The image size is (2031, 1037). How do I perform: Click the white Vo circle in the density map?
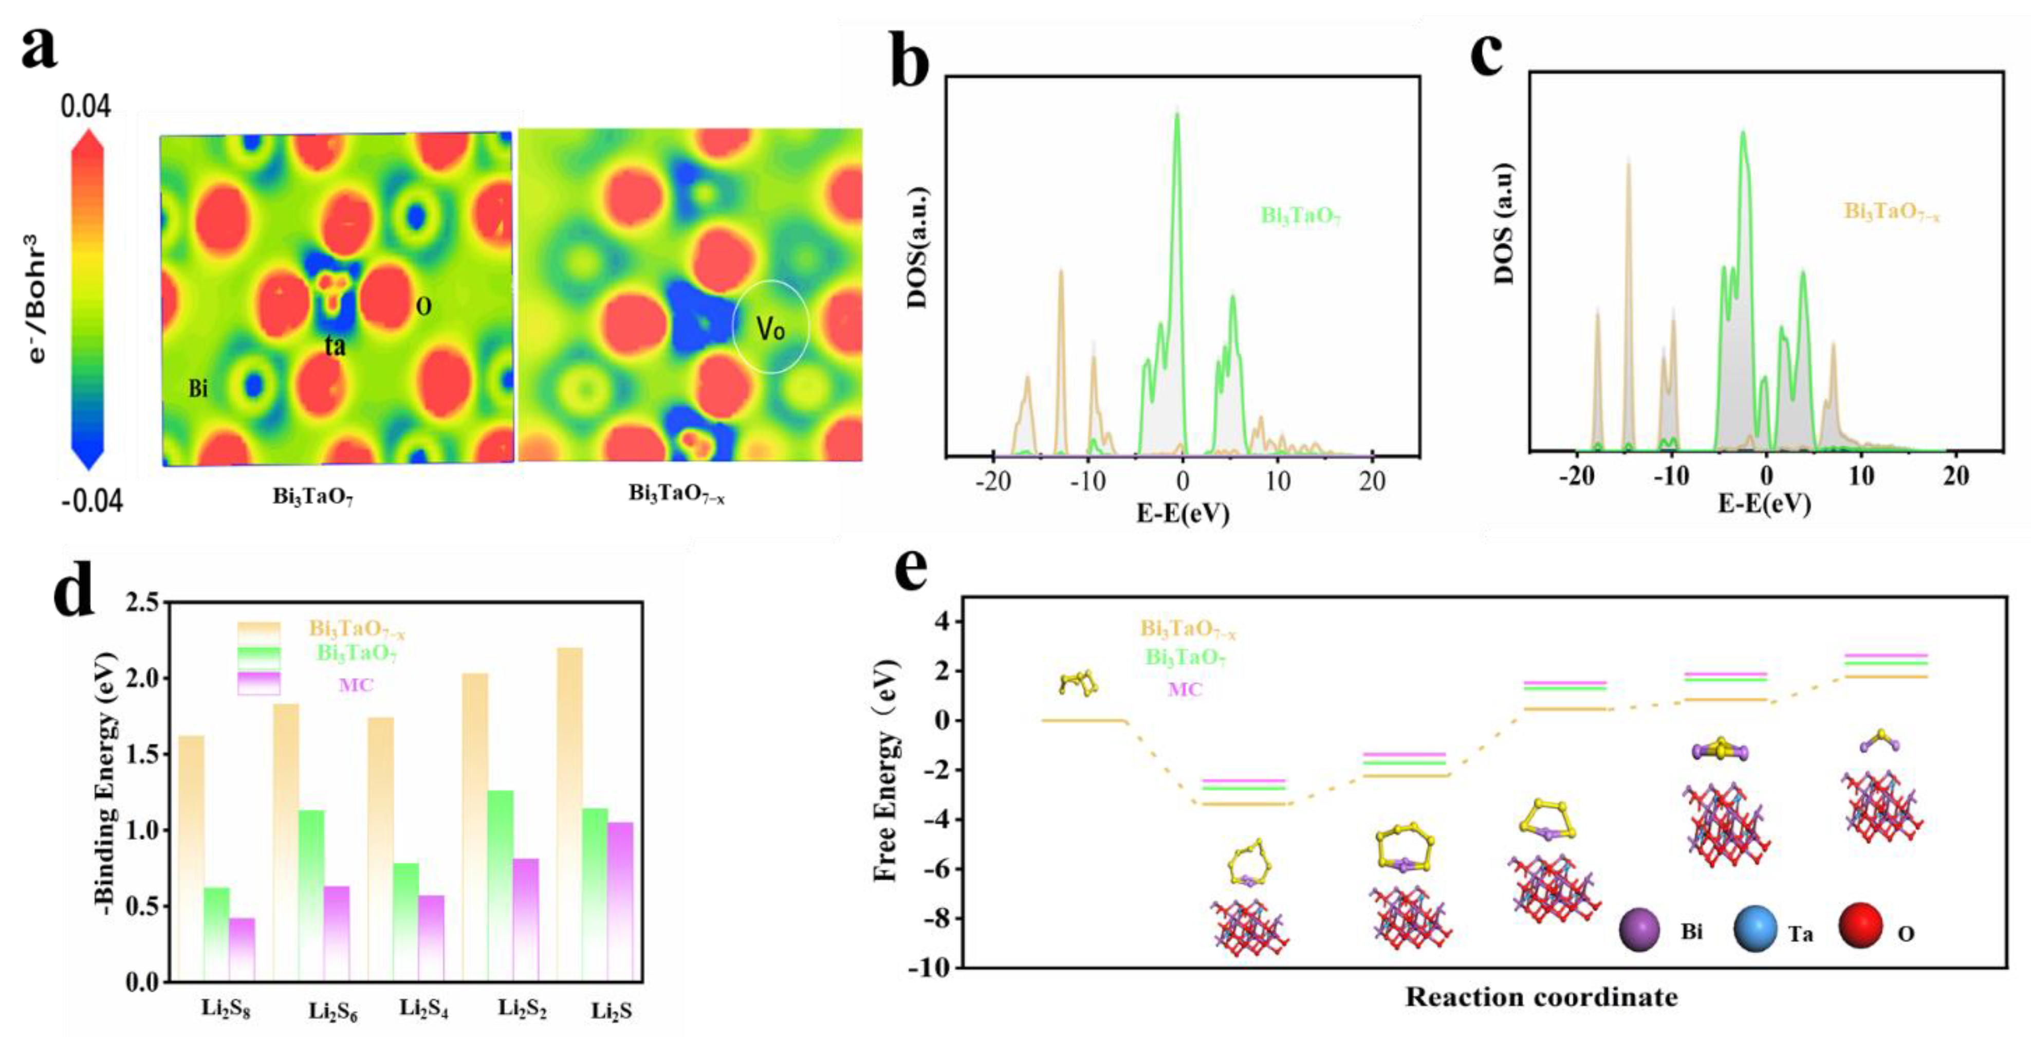(x=770, y=328)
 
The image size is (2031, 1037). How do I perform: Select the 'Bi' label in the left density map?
(x=198, y=389)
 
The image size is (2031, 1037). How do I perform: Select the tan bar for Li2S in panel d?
(x=569, y=812)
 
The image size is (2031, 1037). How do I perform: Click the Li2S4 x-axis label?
(x=423, y=1009)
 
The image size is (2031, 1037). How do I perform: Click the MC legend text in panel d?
(x=356, y=684)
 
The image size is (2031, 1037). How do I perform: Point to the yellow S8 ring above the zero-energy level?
(x=1078, y=683)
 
